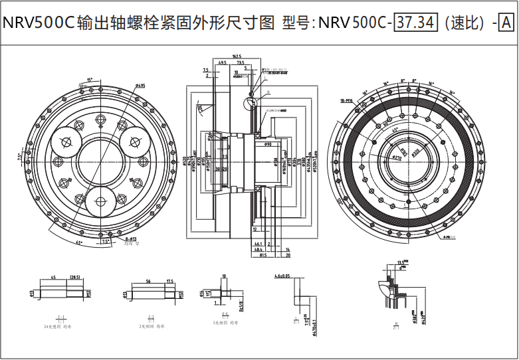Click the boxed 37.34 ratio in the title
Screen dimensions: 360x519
[415, 23]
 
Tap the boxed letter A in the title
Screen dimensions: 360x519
[505, 23]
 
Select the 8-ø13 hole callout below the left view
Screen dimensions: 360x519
[130, 238]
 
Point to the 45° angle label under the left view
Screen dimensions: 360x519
[79, 243]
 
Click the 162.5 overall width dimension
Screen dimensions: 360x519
[237, 56]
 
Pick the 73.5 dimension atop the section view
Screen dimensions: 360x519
[240, 63]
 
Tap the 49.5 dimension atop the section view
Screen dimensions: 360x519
[222, 63]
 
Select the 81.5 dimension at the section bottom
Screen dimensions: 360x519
[262, 254]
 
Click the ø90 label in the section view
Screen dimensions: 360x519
[268, 144]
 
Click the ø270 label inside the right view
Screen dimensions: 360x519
[397, 159]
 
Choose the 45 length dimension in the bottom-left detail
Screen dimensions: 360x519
[52, 278]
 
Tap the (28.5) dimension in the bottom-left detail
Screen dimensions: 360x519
[75, 278]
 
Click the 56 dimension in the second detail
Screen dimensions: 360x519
[148, 282]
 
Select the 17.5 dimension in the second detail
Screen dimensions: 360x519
[170, 282]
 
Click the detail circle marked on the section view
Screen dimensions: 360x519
[251, 103]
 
